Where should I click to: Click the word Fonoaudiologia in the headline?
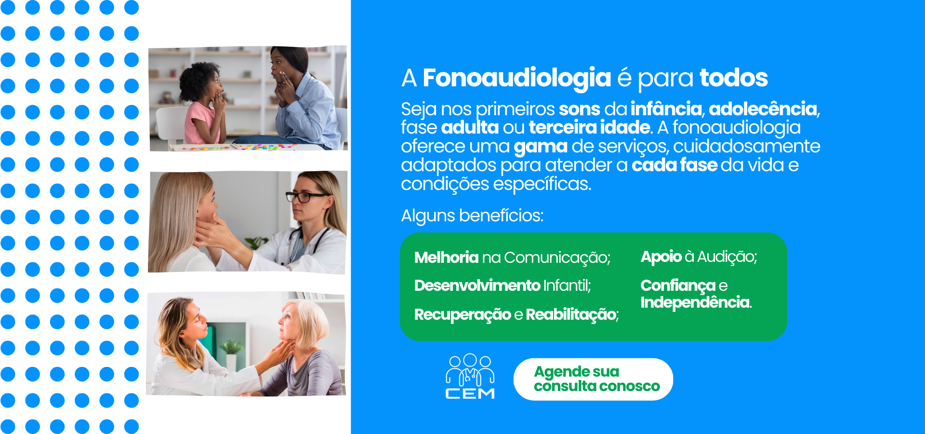tap(516, 78)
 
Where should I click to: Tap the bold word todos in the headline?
tap(734, 78)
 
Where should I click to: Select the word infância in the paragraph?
tap(666, 109)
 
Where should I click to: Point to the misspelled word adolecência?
tap(763, 109)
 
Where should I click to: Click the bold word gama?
tap(541, 147)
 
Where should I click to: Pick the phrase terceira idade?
tap(590, 127)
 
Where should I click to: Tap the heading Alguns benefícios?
tap(472, 216)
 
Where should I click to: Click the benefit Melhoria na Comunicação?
tap(512, 258)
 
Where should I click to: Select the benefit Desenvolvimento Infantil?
tap(502, 285)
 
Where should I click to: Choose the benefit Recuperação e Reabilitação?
tap(516, 315)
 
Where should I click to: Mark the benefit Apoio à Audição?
tap(699, 257)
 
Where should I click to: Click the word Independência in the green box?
tap(696, 302)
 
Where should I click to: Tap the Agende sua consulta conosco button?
tap(593, 379)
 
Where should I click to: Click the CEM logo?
tap(470, 377)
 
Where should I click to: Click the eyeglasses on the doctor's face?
tap(307, 196)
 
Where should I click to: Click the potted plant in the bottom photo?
tap(231, 354)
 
